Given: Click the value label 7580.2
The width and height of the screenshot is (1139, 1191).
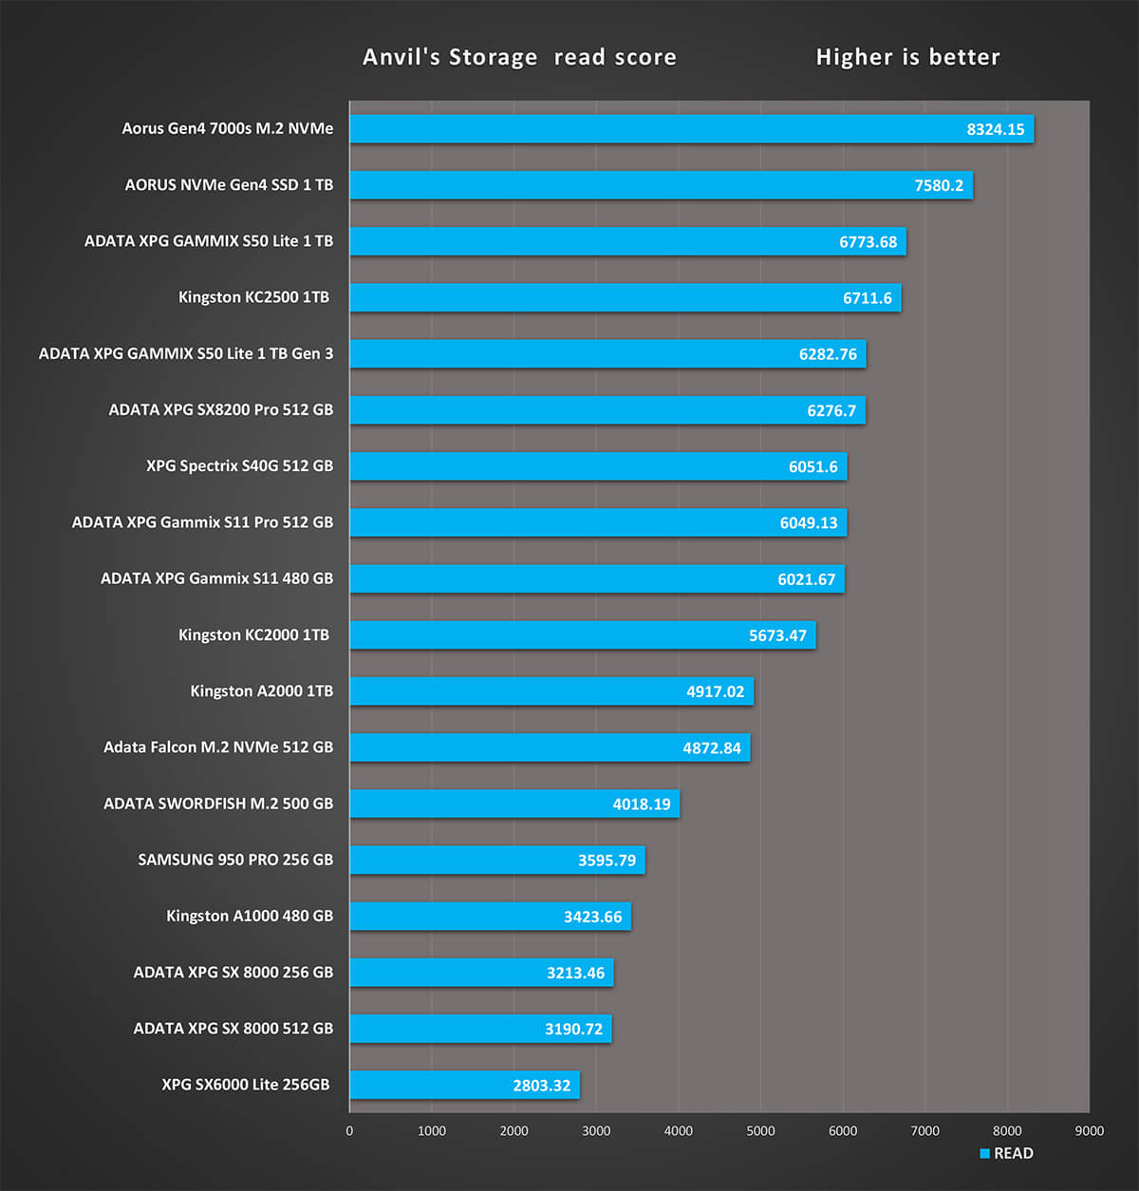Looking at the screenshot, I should [939, 185].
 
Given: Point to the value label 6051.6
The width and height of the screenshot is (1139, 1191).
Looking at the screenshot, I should [813, 466].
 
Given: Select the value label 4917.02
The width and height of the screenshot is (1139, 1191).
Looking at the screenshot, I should [716, 691].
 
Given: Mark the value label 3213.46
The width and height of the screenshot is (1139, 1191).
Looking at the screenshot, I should [575, 973].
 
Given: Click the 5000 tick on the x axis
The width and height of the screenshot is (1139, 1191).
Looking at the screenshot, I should [760, 1130].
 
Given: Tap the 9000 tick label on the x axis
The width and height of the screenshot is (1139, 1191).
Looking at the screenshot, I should [1090, 1130].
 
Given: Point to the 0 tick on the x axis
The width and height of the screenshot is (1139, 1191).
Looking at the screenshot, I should [349, 1130].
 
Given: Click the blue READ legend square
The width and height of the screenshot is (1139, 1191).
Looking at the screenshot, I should [985, 1153].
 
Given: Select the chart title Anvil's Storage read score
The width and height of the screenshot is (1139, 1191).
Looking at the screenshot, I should [519, 57].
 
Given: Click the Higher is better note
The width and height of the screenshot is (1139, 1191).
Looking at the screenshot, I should [907, 57].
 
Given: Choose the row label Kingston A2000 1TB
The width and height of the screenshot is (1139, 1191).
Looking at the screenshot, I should [261, 691].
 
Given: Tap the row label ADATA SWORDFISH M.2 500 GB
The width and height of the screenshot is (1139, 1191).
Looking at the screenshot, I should [218, 803].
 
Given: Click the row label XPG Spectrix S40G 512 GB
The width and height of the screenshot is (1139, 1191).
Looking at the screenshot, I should [239, 466].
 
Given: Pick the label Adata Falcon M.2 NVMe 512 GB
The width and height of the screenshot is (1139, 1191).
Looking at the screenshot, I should [218, 747].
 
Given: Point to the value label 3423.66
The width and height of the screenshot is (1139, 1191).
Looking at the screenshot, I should [592, 917].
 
